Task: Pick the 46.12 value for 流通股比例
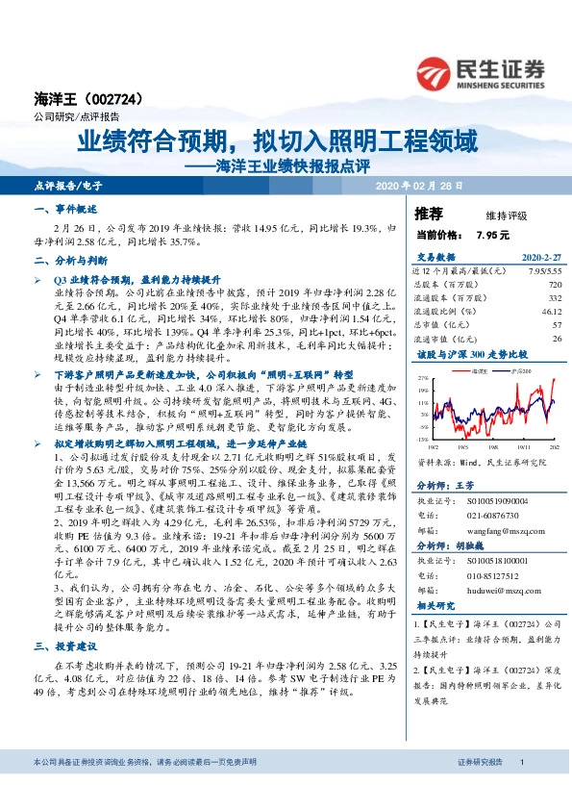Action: [551, 312]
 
